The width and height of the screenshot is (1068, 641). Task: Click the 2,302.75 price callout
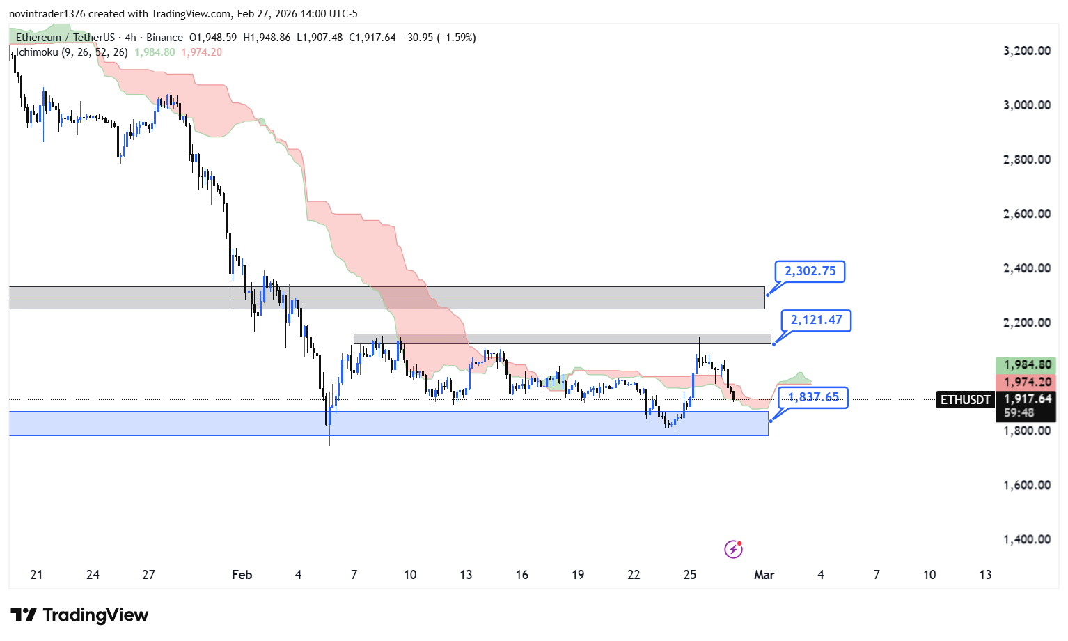tap(810, 271)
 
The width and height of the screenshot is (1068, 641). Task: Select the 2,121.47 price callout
tap(816, 320)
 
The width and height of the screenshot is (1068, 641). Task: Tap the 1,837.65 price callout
tap(813, 397)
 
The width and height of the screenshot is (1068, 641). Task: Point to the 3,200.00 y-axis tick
tap(1027, 51)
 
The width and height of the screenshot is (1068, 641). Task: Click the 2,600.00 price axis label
tap(1027, 214)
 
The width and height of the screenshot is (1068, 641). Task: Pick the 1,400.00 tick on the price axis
tap(1027, 539)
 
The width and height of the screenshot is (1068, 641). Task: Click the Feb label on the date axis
tap(242, 575)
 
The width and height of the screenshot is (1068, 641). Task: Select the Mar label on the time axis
tap(764, 575)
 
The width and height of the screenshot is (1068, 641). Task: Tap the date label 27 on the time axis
tap(148, 575)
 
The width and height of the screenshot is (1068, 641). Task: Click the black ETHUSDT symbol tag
tap(965, 400)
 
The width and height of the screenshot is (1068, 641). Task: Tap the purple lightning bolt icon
tap(733, 549)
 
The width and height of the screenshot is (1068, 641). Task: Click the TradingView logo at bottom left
tap(79, 615)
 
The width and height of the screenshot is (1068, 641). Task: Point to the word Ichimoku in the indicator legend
tap(37, 52)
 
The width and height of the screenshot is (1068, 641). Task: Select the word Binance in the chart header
tap(164, 38)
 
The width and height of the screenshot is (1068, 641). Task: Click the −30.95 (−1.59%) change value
tap(439, 38)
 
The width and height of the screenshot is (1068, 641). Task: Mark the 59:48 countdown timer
tap(1019, 412)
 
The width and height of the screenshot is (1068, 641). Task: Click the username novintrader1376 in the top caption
tap(47, 14)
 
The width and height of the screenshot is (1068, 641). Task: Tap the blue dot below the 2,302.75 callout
tap(767, 295)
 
